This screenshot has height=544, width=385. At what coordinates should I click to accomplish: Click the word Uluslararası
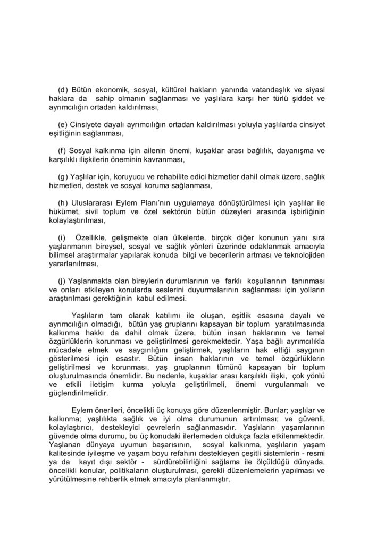(95, 203)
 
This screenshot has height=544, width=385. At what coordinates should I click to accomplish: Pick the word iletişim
(118, 385)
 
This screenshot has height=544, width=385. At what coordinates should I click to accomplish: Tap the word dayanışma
(292, 150)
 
